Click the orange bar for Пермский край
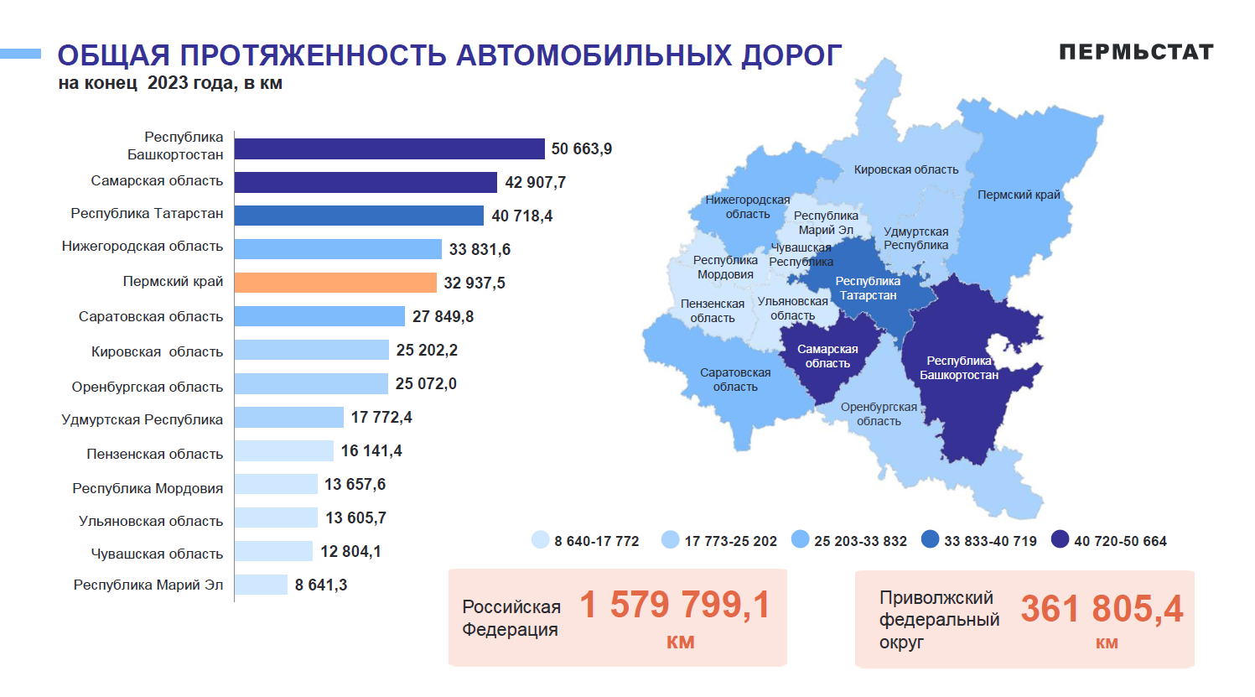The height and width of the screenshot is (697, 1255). tap(335, 283)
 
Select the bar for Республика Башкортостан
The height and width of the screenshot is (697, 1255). tap(389, 148)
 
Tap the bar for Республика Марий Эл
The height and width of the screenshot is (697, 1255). tap(261, 585)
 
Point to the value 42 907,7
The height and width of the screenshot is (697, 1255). tap(535, 182)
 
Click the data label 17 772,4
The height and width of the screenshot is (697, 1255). tap(381, 417)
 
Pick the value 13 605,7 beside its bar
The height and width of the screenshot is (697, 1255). tap(355, 518)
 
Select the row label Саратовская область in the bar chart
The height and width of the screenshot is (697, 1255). tap(151, 316)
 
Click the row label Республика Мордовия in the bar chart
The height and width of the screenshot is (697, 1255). tap(148, 488)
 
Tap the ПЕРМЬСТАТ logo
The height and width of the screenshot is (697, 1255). tap(1136, 52)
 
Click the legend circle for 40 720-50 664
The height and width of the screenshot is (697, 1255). tap(1061, 539)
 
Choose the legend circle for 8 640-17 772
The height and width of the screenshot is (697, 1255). tap(541, 539)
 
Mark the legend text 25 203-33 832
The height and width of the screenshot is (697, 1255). tap(860, 541)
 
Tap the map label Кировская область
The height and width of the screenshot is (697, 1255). tap(906, 169)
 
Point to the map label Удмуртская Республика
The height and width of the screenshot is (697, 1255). tap(915, 238)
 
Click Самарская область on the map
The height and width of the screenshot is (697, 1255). tap(827, 356)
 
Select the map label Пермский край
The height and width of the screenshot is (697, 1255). tap(1019, 195)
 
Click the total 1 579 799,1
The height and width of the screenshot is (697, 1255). tap(674, 604)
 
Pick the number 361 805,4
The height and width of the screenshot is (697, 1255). tap(1102, 608)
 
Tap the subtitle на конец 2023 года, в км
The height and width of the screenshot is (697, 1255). tap(170, 83)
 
